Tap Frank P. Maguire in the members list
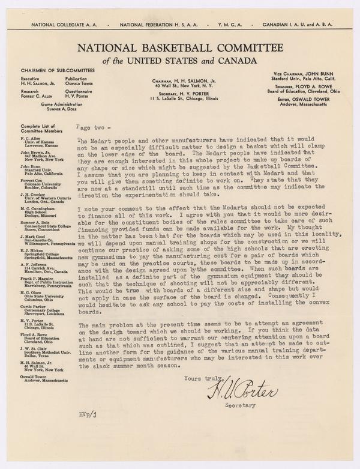pos(37,261)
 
